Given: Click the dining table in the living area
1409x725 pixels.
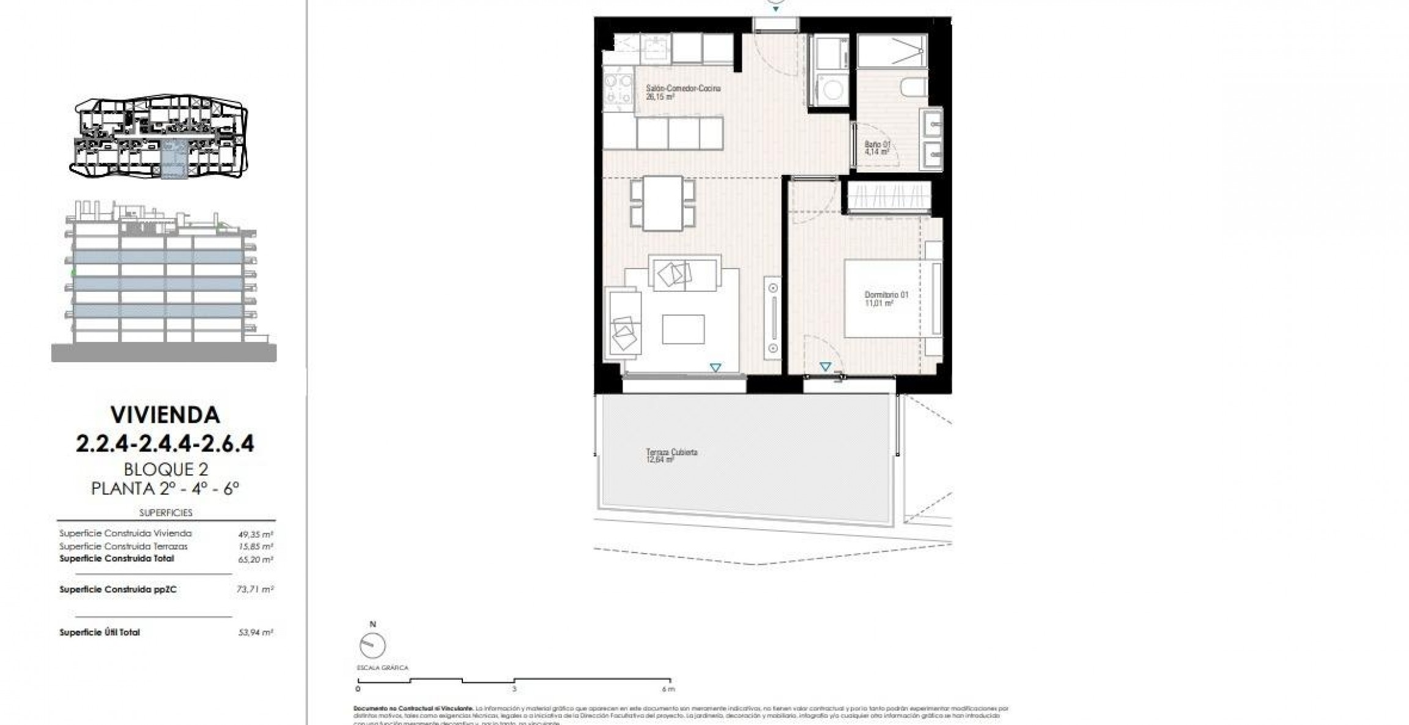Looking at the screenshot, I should pyautogui.click(x=663, y=203).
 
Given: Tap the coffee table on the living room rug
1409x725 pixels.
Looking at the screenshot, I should pyautogui.click(x=683, y=329).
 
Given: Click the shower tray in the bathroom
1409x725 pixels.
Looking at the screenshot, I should pyautogui.click(x=892, y=51).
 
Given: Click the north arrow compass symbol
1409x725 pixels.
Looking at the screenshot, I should pyautogui.click(x=373, y=645).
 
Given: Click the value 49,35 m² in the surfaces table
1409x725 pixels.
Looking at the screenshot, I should pyautogui.click(x=254, y=534).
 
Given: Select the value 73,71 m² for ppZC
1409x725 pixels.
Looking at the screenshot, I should pyautogui.click(x=254, y=590).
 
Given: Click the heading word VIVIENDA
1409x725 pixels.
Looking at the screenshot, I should pyautogui.click(x=165, y=415).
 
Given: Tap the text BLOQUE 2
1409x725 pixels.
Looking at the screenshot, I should pyautogui.click(x=166, y=469).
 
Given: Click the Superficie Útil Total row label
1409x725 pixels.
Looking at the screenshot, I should pyautogui.click(x=100, y=633).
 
